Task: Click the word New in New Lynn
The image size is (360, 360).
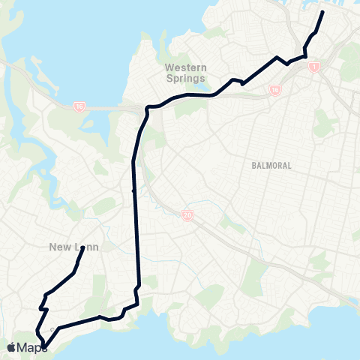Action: [x=58, y=247]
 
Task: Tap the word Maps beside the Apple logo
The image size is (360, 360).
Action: [x=31, y=346]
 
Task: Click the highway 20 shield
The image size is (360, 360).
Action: [x=186, y=216]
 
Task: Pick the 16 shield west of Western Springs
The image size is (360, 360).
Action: [x=79, y=107]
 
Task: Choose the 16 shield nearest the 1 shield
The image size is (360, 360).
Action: [x=275, y=89]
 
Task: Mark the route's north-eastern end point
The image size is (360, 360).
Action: [x=322, y=13]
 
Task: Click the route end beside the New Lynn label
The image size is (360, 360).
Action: [x=82, y=248]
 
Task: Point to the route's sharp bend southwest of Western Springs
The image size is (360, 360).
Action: [x=148, y=107]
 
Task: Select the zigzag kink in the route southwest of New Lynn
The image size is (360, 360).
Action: [x=43, y=308]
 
